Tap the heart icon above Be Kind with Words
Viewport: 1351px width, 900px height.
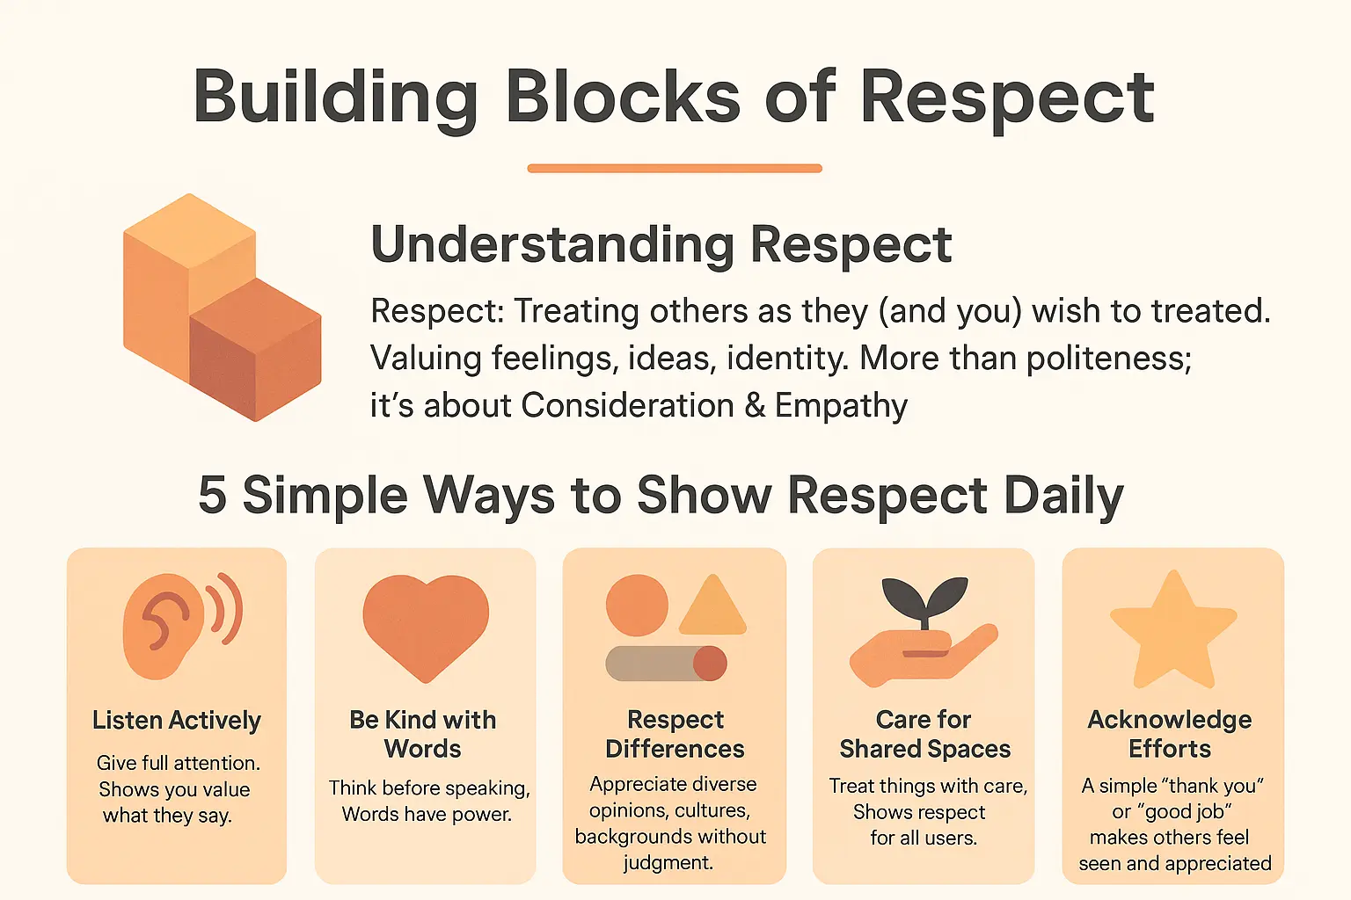[426, 624]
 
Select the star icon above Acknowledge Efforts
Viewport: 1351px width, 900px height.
[1173, 631]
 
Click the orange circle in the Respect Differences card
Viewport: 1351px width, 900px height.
[637, 606]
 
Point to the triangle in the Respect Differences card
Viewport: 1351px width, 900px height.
[712, 609]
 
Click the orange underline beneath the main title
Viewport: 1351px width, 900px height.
[675, 168]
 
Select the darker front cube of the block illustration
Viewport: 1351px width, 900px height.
[256, 352]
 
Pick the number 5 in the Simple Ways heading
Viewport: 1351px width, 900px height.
[212, 495]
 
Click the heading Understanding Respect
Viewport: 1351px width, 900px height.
[661, 244]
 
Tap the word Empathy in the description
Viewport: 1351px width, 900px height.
[841, 405]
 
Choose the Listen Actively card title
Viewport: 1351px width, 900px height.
[177, 721]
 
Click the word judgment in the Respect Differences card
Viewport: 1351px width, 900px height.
[668, 863]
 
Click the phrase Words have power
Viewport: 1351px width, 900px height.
[427, 815]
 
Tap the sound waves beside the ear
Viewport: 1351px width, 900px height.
[227, 608]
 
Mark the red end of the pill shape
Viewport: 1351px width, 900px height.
[710, 664]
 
